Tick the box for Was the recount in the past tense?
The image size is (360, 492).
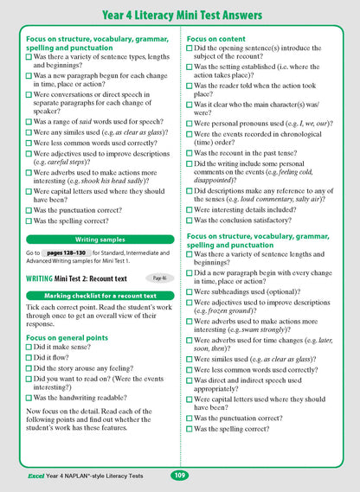pyautogui.click(x=190, y=151)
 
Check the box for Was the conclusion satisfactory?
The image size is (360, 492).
pyautogui.click(x=190, y=220)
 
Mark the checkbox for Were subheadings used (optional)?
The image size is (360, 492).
pyautogui.click(x=190, y=291)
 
